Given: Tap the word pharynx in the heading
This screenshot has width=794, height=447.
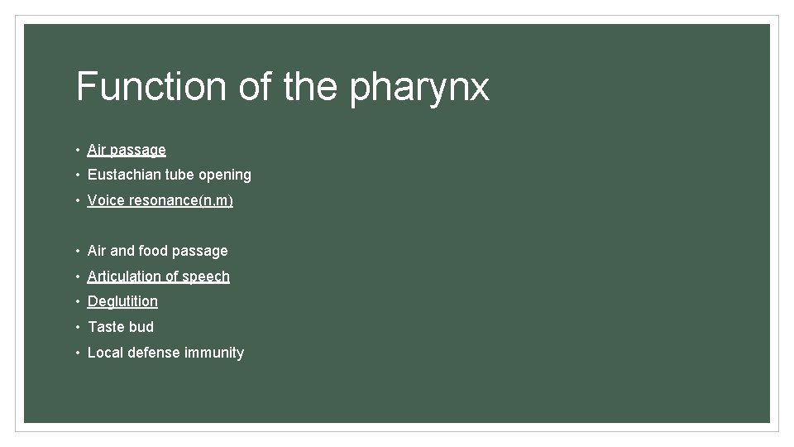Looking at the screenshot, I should click(419, 88).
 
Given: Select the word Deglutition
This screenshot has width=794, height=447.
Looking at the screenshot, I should click(122, 301).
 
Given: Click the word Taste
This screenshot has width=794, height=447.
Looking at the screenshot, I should click(105, 327).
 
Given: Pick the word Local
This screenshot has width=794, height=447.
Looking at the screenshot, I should click(105, 353).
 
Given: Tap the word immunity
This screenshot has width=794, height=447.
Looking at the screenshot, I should click(214, 353).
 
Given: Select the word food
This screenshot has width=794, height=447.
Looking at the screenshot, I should click(154, 251).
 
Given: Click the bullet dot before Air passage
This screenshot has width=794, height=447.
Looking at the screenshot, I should click(76, 150).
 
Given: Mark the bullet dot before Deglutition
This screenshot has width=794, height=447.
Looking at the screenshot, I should click(76, 301).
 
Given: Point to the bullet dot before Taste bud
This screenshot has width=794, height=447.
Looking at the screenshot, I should click(76, 327).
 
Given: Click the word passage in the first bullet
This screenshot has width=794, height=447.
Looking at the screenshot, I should click(138, 151).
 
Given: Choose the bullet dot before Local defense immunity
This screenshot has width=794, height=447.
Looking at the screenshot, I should click(76, 353).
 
